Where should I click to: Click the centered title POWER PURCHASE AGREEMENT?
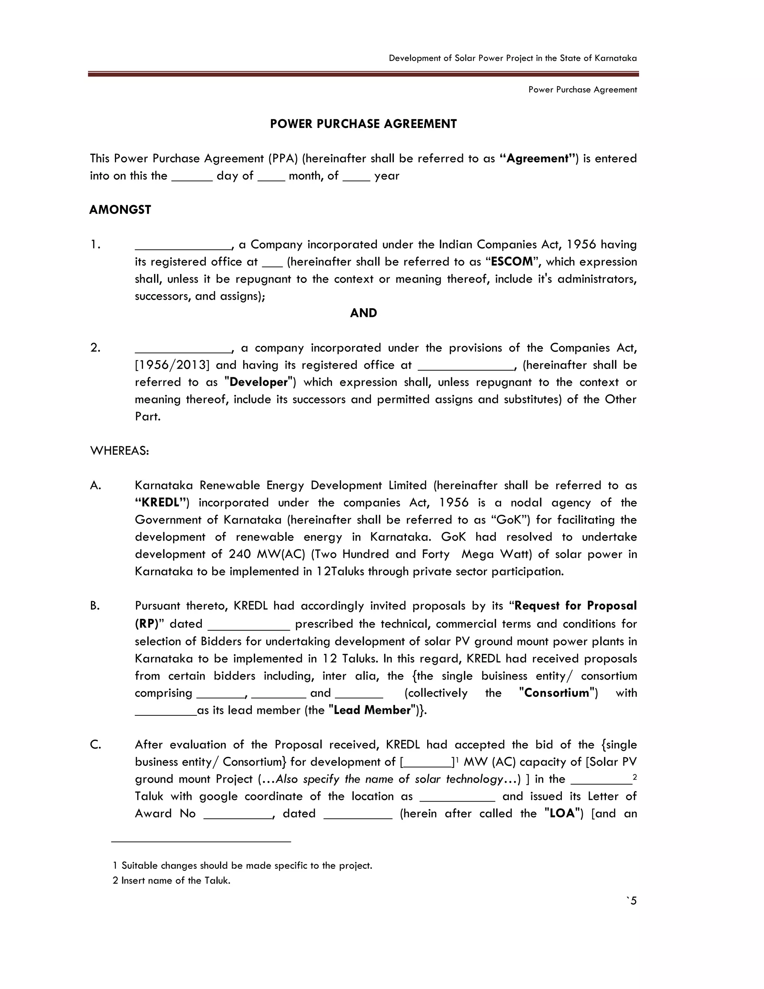(x=363, y=124)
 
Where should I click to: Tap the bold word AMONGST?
(x=120, y=210)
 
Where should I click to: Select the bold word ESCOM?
(x=511, y=262)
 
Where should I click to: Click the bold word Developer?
(x=259, y=382)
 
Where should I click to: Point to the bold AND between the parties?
(x=363, y=313)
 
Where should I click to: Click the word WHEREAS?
(x=119, y=451)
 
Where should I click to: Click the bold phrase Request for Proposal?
(x=575, y=606)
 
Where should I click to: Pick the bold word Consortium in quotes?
(x=557, y=693)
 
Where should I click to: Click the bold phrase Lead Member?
(x=372, y=710)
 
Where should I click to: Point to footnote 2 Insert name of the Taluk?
(x=172, y=880)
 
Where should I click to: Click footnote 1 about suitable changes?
(x=242, y=865)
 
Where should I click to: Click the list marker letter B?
(x=95, y=606)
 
